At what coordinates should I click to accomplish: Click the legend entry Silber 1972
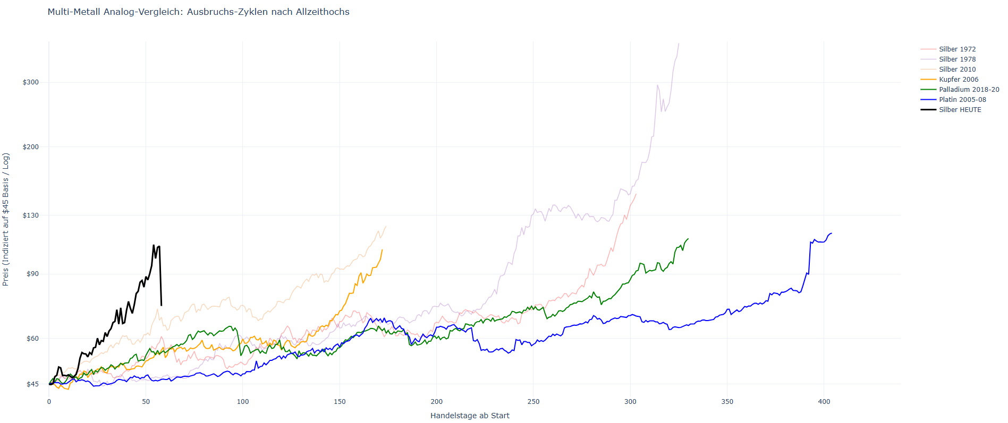point(957,49)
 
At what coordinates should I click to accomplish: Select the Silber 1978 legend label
point(957,59)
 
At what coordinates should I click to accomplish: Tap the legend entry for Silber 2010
point(957,69)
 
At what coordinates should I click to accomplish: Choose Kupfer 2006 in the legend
point(958,79)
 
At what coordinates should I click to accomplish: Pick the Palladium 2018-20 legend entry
point(969,89)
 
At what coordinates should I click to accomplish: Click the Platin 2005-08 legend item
point(962,99)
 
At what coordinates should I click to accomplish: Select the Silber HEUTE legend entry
point(960,109)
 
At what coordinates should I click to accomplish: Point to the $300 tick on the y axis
point(31,82)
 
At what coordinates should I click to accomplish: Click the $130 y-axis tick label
point(31,215)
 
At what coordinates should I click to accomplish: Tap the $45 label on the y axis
point(32,384)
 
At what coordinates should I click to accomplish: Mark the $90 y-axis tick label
point(32,274)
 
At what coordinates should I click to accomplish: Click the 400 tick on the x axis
point(824,402)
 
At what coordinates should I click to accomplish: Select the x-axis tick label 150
point(340,402)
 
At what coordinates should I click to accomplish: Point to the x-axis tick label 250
point(533,402)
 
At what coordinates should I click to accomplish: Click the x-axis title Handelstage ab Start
point(470,416)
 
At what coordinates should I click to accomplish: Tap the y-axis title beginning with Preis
point(6,219)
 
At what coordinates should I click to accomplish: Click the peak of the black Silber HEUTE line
point(154,245)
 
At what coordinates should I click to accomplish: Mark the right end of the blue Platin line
point(831,233)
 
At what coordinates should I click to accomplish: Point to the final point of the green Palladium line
point(688,239)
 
